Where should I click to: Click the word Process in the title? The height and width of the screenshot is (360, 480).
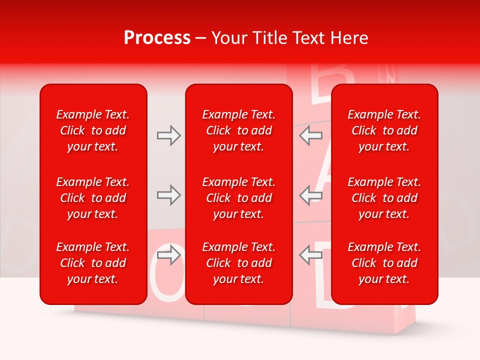pyautogui.click(x=157, y=38)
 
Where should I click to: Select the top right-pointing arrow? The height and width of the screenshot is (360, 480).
pyautogui.click(x=168, y=135)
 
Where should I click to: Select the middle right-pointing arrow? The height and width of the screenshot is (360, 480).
pyautogui.click(x=168, y=195)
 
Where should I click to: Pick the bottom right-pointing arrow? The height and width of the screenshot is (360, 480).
pyautogui.click(x=168, y=255)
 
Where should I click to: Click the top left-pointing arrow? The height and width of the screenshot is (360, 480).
pyautogui.click(x=311, y=135)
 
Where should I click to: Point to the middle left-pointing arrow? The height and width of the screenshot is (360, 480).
pyautogui.click(x=311, y=195)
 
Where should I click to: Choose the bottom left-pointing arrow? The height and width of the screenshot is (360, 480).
pyautogui.click(x=311, y=255)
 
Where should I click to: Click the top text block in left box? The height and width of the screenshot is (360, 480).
pyautogui.click(x=93, y=130)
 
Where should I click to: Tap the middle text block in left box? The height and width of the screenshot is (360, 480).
pyautogui.click(x=93, y=198)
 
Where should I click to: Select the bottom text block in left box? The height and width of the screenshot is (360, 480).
pyautogui.click(x=93, y=263)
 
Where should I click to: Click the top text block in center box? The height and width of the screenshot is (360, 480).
pyautogui.click(x=239, y=130)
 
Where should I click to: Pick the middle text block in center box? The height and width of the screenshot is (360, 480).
pyautogui.click(x=239, y=198)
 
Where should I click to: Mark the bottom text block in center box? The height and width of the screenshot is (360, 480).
pyautogui.click(x=239, y=263)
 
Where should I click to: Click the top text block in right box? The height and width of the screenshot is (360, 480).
pyautogui.click(x=384, y=130)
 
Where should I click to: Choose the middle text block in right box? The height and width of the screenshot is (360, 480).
pyautogui.click(x=384, y=198)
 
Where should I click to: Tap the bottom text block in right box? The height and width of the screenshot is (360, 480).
pyautogui.click(x=384, y=263)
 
